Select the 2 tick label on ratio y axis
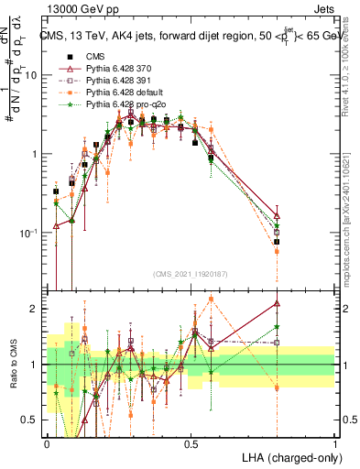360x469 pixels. tap(36, 309)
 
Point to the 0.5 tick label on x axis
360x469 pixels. tap(191, 443)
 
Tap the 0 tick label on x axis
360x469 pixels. tap(47, 443)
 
